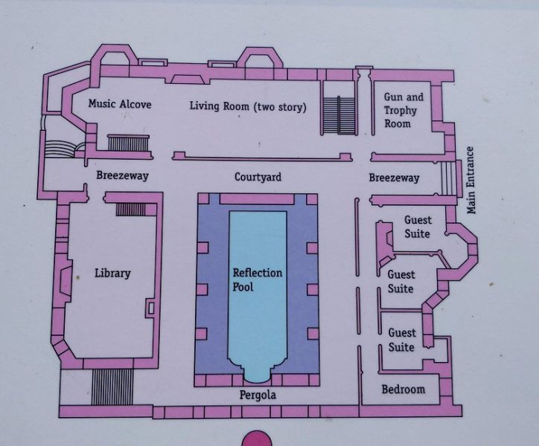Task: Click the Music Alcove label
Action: click(120, 103)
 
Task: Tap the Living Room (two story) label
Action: click(248, 106)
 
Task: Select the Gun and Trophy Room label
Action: click(404, 110)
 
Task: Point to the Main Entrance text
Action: click(471, 180)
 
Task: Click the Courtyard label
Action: click(258, 177)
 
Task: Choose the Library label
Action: click(112, 274)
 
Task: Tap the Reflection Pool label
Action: click(257, 279)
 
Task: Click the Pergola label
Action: click(258, 395)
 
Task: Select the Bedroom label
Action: click(404, 389)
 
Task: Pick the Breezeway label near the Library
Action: click(122, 175)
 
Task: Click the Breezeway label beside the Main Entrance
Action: click(394, 178)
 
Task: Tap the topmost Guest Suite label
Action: click(418, 227)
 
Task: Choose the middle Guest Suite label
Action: click(401, 282)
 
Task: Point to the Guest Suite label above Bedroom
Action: click(401, 340)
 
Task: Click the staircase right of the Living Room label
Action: click(339, 115)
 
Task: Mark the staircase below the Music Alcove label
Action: click(129, 143)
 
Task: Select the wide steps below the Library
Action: click(112, 387)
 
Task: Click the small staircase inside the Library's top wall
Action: click(130, 210)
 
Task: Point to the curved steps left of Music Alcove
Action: click(60, 149)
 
